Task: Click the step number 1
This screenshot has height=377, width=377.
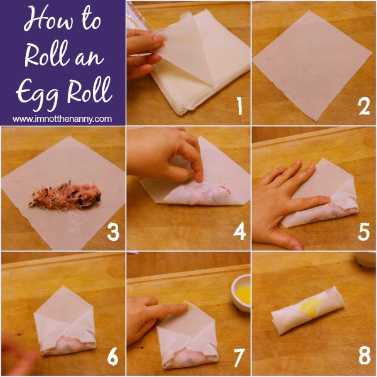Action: click(x=239, y=106)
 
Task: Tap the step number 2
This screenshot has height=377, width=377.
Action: click(x=364, y=106)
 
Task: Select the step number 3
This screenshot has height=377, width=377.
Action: click(x=113, y=231)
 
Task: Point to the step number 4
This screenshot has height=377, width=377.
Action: click(x=240, y=231)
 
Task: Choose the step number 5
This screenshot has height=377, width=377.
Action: click(x=364, y=231)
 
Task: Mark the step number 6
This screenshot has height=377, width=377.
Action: click(x=112, y=356)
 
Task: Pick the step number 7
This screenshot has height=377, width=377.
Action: click(x=239, y=357)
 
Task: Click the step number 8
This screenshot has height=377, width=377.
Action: click(x=364, y=356)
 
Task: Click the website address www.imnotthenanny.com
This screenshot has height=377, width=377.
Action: click(x=62, y=119)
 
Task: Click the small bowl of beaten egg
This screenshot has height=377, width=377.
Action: click(x=241, y=293)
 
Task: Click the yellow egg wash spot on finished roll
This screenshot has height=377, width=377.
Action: click(x=311, y=307)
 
